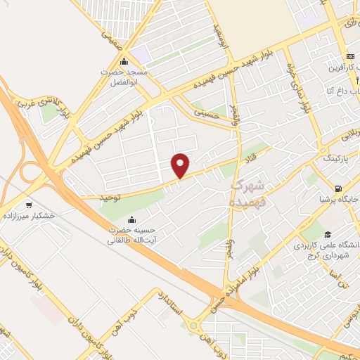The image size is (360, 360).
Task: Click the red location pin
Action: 181,165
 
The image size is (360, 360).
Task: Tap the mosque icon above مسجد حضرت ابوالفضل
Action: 124,62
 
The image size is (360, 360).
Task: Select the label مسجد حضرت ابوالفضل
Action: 126,77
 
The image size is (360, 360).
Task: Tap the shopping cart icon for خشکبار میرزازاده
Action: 29,205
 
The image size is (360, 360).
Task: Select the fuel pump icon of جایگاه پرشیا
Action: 338,189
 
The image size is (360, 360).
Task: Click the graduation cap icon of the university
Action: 327,235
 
